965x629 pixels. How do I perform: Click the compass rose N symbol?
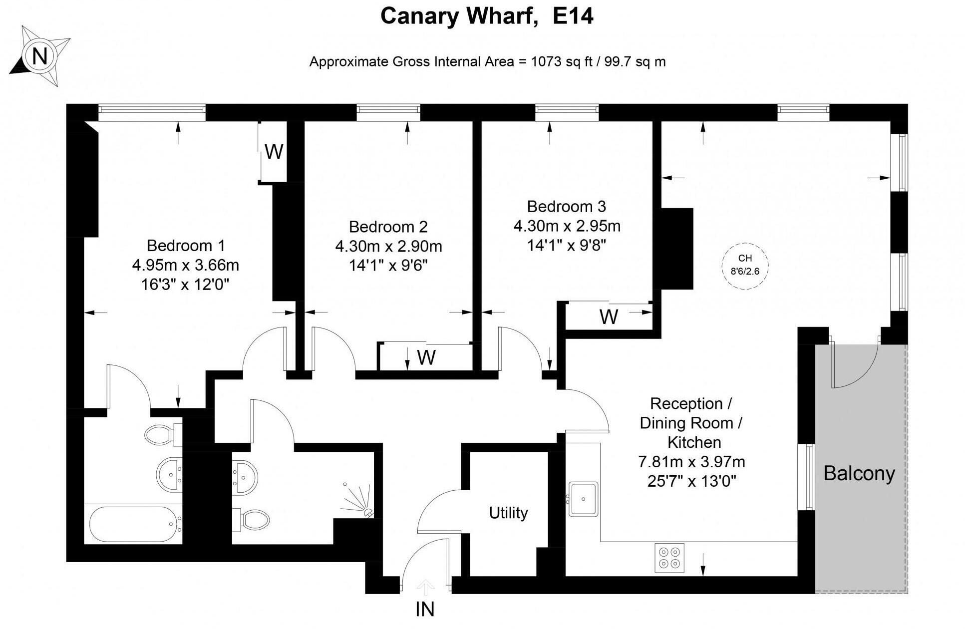point(40,56)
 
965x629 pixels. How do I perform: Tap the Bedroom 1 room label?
point(186,246)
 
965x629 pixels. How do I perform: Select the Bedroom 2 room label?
point(388,227)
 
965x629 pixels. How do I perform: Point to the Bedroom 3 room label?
point(566,206)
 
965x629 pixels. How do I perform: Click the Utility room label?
point(508,513)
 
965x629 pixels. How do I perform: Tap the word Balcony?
point(859,473)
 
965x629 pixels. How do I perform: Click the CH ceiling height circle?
point(745,265)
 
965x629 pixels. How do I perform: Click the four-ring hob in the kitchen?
point(669,558)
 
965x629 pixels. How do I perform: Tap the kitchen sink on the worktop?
point(583,498)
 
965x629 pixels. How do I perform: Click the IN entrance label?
point(425,609)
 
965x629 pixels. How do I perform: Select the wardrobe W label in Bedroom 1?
point(274,152)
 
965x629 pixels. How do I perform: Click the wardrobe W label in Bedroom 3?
point(609,316)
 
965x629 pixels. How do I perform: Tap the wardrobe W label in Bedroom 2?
point(426,357)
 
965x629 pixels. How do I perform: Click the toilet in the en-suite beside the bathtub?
point(162,434)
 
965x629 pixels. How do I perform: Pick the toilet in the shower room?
point(252,519)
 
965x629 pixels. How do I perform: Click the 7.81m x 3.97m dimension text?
point(691,462)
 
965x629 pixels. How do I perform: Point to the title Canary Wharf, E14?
point(487,16)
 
